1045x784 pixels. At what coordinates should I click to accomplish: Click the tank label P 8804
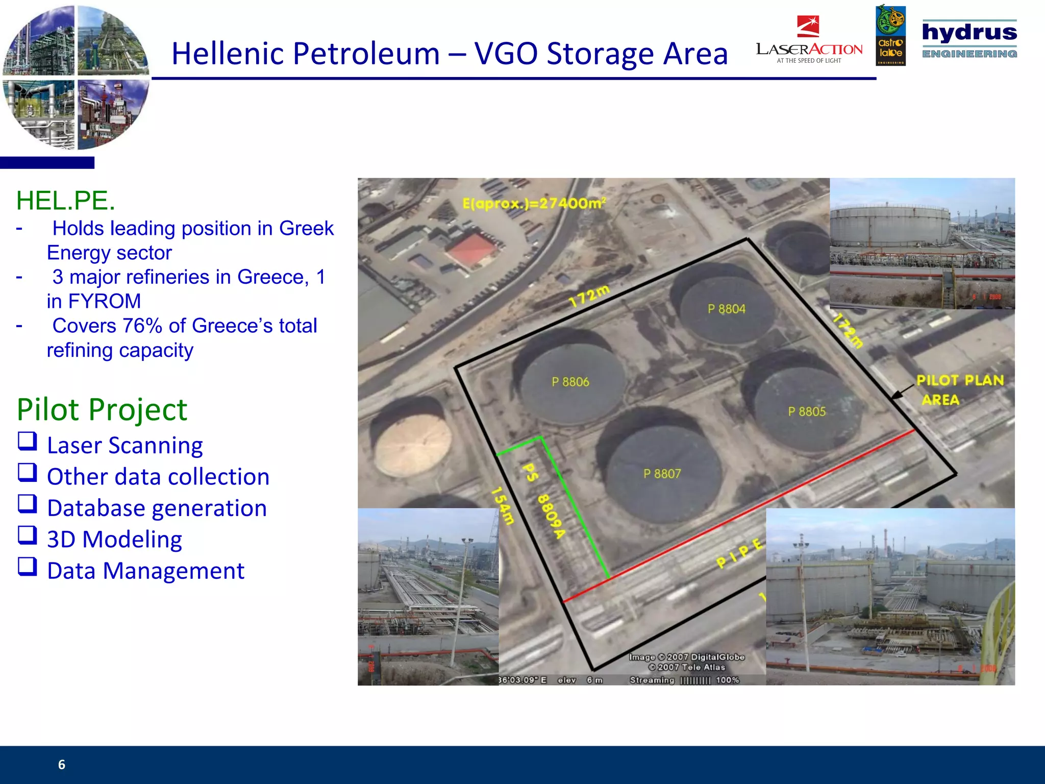pos(726,309)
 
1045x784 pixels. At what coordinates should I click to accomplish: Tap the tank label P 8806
pos(570,382)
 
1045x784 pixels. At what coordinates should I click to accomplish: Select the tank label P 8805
pos(806,411)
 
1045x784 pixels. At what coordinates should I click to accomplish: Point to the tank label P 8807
pos(662,474)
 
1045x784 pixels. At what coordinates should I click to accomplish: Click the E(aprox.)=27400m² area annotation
pos(534,204)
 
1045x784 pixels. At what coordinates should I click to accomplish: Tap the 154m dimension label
pos(502,506)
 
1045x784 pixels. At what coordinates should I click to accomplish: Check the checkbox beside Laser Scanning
pos(28,441)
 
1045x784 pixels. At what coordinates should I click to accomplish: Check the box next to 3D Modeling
pos(28,535)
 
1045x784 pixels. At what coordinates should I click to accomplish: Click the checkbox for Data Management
pos(28,566)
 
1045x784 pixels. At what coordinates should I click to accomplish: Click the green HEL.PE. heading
pos(65,201)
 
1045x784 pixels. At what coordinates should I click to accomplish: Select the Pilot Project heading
pos(102,409)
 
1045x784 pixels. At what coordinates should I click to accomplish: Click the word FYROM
pos(104,301)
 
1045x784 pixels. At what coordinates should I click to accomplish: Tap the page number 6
pos(62,764)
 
